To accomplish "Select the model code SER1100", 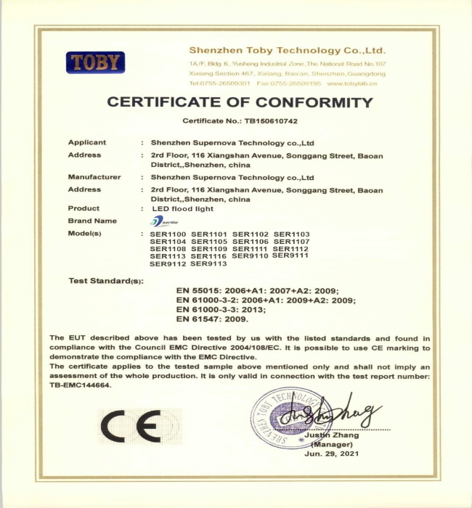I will pyautogui.click(x=168, y=234).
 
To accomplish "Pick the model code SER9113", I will pyautogui.click(x=209, y=263).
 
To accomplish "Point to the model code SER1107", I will pyautogui.click(x=291, y=241).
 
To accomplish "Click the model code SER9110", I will pyautogui.click(x=251, y=256).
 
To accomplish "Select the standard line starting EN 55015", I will pyautogui.click(x=256, y=290).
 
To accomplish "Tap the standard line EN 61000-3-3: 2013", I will pyautogui.click(x=221, y=309).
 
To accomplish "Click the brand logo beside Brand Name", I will pyautogui.click(x=160, y=221).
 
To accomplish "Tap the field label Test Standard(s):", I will pyautogui.click(x=106, y=280).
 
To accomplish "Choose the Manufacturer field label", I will pyautogui.click(x=94, y=177).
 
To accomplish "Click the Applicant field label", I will pyautogui.click(x=87, y=142).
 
